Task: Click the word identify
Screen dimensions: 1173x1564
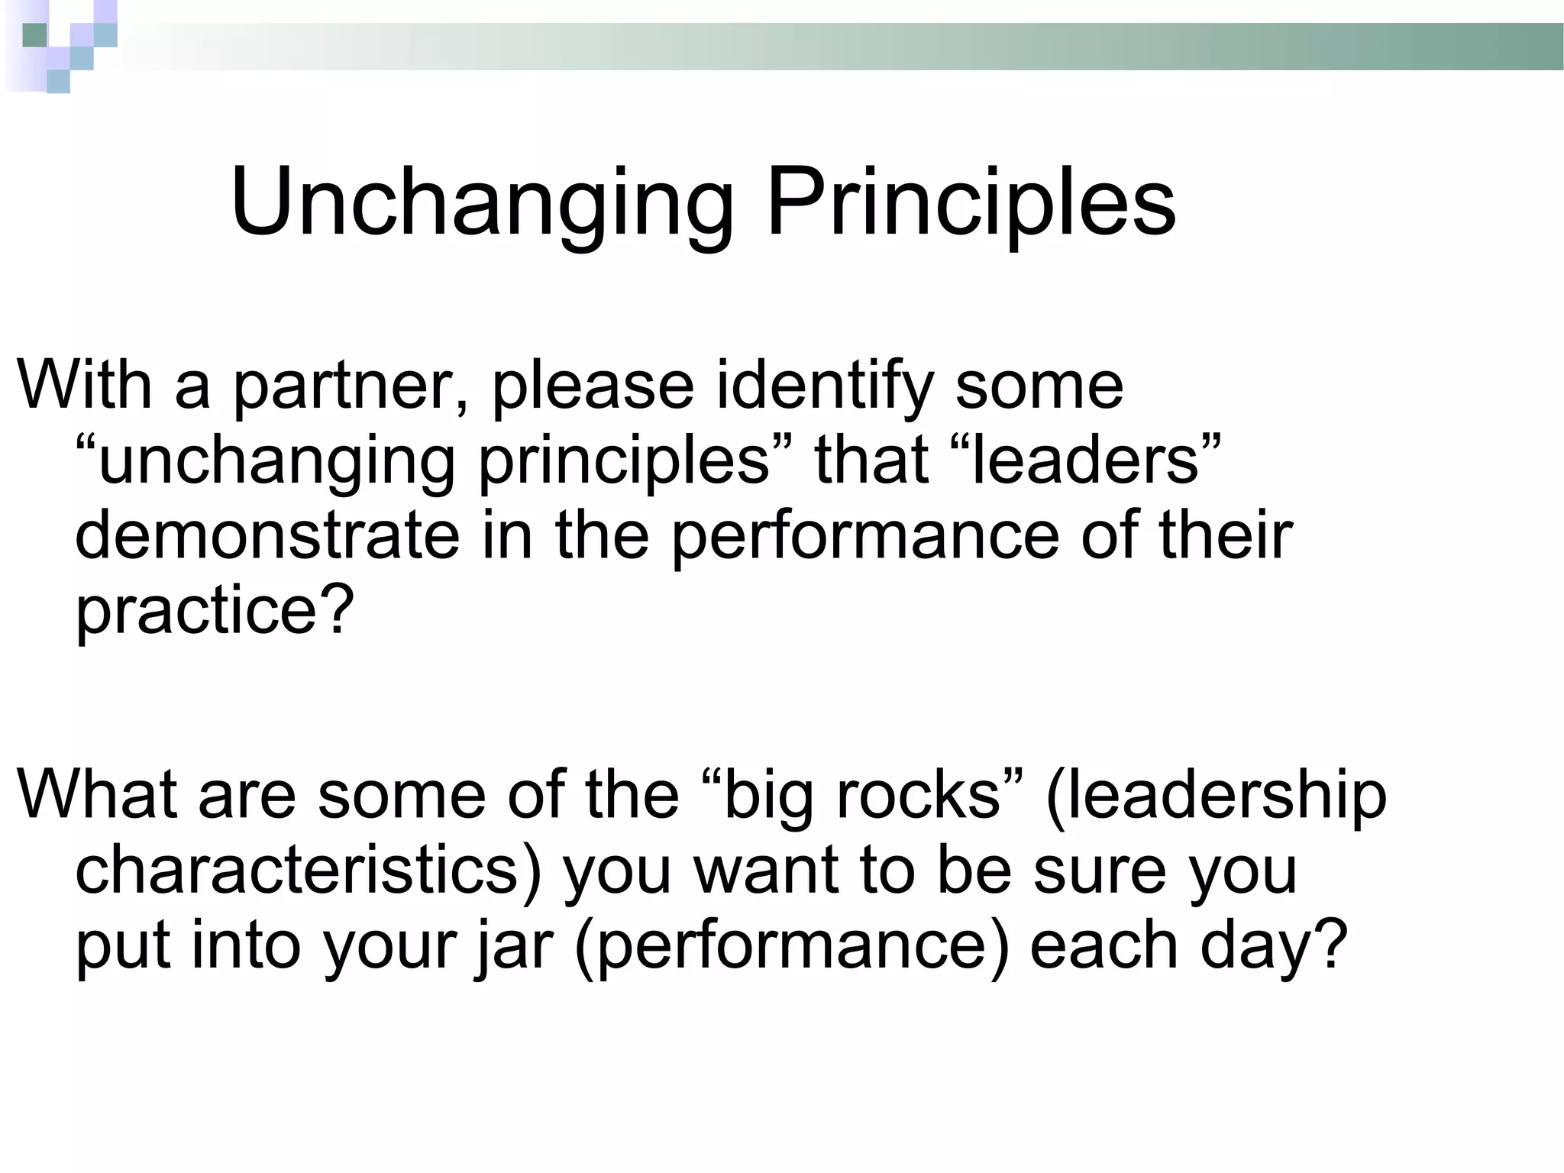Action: point(825,386)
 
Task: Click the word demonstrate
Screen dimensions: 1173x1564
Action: point(267,535)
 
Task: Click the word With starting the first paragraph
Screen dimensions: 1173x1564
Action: point(84,386)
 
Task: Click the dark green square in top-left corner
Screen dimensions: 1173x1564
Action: point(34,35)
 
